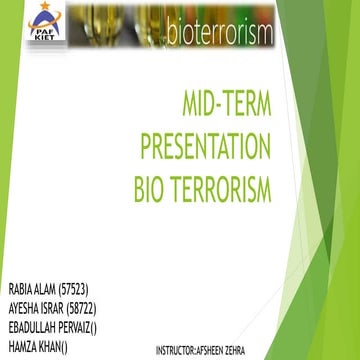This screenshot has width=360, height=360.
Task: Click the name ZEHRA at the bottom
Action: coord(256,350)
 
